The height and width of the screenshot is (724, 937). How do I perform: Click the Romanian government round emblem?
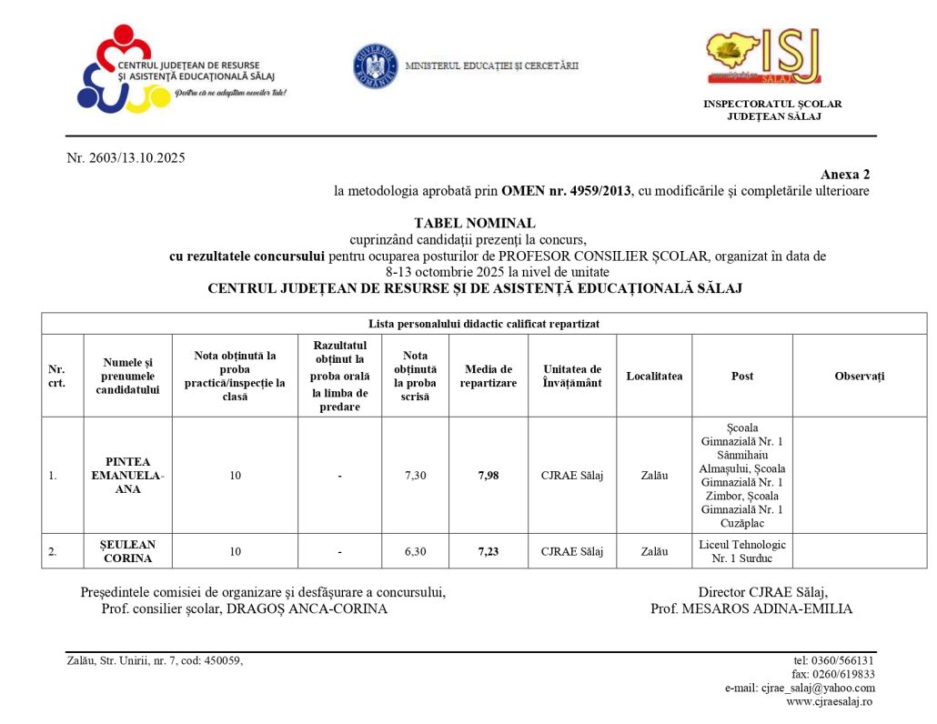[376, 65]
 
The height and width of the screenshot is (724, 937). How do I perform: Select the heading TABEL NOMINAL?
[475, 223]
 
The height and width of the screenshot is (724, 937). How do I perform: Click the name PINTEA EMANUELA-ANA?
[127, 475]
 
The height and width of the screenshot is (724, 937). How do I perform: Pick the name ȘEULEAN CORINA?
[127, 551]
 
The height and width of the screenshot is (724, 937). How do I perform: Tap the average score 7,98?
[488, 475]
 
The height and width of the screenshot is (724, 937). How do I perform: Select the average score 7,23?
[488, 551]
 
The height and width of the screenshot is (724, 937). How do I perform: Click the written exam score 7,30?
[415, 475]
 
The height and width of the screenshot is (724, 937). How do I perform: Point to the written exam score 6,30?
[415, 551]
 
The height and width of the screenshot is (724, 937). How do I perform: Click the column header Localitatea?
[654, 376]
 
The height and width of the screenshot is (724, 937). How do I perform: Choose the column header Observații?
[859, 376]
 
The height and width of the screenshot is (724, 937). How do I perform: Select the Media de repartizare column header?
[488, 376]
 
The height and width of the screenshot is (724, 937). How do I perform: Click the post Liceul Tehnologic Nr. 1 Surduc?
[741, 551]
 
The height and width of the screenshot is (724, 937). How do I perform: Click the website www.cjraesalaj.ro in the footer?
[829, 701]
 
